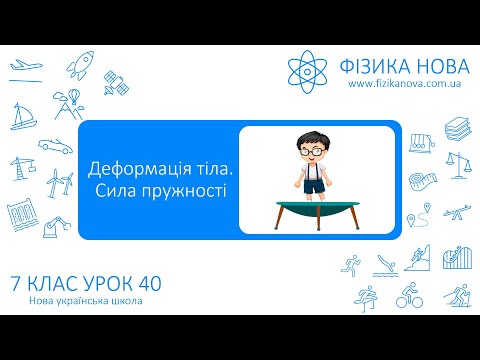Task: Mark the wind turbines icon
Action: point(59,183)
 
